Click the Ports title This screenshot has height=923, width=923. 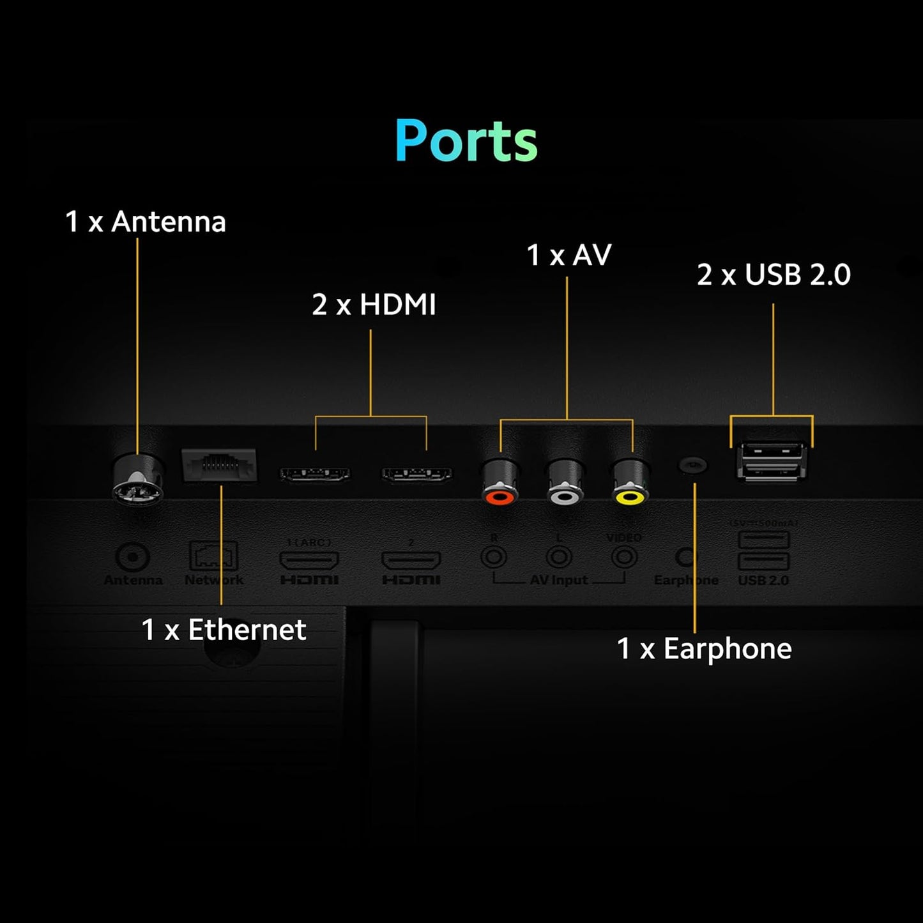click(x=466, y=141)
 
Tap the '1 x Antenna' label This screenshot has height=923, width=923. click(x=146, y=222)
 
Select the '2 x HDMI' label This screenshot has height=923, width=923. click(x=374, y=305)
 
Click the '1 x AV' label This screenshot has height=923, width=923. click(x=568, y=255)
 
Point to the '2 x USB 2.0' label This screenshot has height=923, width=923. click(x=774, y=275)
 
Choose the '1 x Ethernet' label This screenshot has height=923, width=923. click(x=224, y=630)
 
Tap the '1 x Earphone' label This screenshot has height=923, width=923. click(x=704, y=649)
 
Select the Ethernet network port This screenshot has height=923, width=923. click(x=219, y=464)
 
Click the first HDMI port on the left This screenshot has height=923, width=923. click(x=315, y=474)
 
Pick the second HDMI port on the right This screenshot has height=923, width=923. click(x=416, y=474)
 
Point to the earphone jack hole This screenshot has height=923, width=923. click(x=692, y=464)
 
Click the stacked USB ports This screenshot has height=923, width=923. click(x=771, y=461)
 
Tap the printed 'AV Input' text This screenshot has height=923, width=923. click(x=559, y=580)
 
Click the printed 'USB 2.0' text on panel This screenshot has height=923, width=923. click(x=763, y=580)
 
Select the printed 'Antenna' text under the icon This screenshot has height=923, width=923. click(x=133, y=580)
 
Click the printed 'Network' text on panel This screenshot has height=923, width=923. click(x=214, y=580)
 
